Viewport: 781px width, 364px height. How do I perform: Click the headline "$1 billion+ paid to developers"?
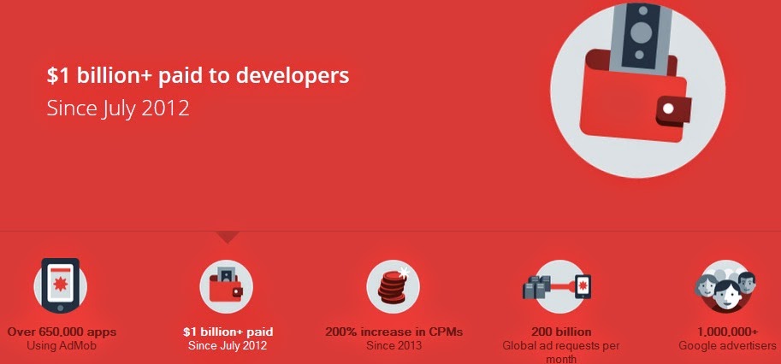tap(198, 75)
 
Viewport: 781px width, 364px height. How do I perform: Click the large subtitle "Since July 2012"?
tap(118, 109)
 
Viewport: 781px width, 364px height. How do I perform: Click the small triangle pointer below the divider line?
tap(228, 237)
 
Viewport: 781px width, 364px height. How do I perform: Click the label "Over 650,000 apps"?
tap(62, 332)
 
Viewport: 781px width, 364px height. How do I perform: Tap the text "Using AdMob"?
tap(62, 345)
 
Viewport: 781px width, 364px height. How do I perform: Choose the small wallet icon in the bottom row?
tap(226, 286)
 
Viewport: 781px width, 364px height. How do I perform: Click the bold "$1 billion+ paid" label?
tap(228, 332)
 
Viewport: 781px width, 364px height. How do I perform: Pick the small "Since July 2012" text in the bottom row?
tap(228, 345)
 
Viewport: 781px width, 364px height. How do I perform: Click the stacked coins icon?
tap(393, 286)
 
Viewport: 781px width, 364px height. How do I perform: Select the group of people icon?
tap(726, 286)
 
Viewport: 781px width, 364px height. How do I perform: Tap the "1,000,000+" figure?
tap(727, 332)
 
